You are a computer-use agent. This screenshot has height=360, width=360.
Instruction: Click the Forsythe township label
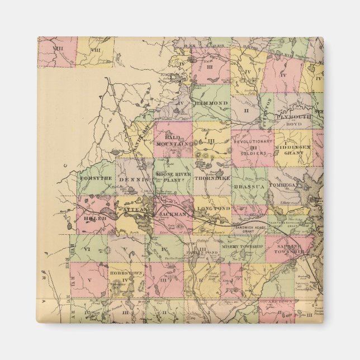click(x=96, y=178)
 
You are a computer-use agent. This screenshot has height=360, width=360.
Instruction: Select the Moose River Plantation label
click(x=173, y=177)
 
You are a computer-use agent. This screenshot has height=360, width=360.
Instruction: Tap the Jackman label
click(x=173, y=214)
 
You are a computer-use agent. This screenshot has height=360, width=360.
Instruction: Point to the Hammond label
click(x=211, y=103)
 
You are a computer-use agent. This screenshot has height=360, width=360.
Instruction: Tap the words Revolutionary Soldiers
click(x=253, y=146)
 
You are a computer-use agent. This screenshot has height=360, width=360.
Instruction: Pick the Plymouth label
click(x=293, y=117)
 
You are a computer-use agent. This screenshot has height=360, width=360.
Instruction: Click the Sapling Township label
click(x=287, y=248)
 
